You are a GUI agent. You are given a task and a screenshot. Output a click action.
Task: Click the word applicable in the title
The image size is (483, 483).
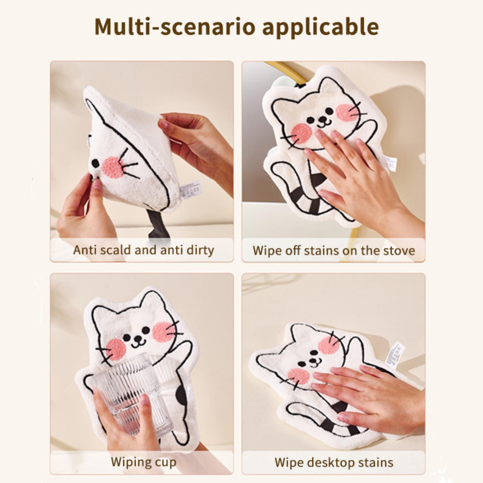coord(321,27)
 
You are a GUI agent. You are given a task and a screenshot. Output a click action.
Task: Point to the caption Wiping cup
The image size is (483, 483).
coord(143,462)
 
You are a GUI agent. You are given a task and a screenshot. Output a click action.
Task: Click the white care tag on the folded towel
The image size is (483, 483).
coord(190,189)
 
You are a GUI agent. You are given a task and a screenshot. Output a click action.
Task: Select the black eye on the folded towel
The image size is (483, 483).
coord(95,164)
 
